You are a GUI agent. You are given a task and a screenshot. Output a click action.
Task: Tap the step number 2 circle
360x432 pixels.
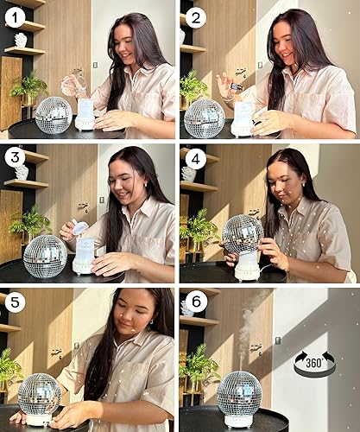(196, 16)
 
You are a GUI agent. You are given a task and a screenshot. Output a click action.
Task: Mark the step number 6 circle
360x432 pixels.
(196, 303)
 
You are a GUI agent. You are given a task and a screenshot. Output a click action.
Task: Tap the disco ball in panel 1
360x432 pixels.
(54, 115)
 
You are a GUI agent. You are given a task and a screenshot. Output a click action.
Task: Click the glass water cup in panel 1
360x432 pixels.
(73, 84)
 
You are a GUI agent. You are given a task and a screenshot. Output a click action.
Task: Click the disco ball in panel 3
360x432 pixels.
(43, 256)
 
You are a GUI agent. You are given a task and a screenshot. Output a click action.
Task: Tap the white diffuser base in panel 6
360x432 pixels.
(239, 420)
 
